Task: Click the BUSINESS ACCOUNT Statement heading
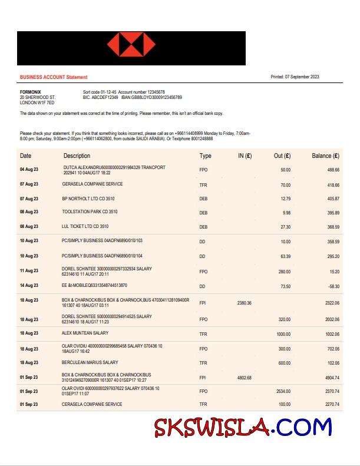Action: [x=54, y=77]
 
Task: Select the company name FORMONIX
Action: [x=31, y=92]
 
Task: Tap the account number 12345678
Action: [x=151, y=92]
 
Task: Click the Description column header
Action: [x=77, y=156]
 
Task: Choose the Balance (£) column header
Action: [x=325, y=156]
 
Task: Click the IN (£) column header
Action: [x=245, y=156]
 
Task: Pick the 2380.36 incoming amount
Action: [x=244, y=303]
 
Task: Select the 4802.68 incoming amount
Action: [x=244, y=378]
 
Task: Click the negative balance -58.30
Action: [x=333, y=286]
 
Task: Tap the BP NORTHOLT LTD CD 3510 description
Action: [x=88, y=199]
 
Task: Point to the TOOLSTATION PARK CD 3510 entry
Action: [x=90, y=212]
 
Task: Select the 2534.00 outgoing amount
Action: [x=283, y=391]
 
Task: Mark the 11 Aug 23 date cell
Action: [x=29, y=271]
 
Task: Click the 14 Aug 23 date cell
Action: [x=29, y=286]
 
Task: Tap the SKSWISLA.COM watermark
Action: [x=243, y=427]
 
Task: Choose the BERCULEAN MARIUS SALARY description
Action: [x=90, y=363]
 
